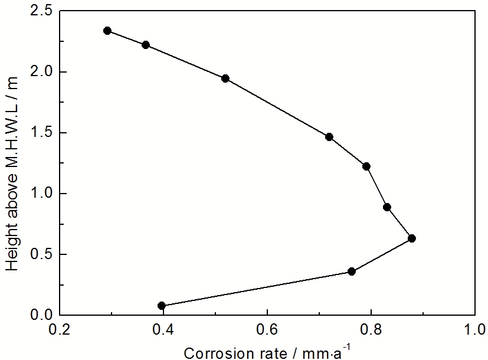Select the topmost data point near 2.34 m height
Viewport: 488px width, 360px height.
coord(107,31)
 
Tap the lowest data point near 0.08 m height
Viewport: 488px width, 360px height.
coord(162,306)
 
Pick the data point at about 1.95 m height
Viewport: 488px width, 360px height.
coord(225,78)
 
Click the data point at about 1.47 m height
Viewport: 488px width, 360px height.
coord(329,137)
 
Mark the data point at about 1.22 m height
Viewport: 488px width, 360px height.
coord(366,166)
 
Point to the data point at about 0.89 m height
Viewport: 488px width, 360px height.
coord(387,207)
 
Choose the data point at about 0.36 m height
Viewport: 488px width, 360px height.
coord(352,271)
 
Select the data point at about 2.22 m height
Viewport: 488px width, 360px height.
coord(146,45)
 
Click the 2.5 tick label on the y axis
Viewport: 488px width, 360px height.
coord(40,11)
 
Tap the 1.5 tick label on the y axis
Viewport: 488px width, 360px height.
coord(40,133)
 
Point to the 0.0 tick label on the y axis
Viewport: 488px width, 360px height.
coord(40,316)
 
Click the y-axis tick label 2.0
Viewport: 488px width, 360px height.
coord(40,72)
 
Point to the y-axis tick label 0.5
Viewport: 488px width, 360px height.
coord(40,255)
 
